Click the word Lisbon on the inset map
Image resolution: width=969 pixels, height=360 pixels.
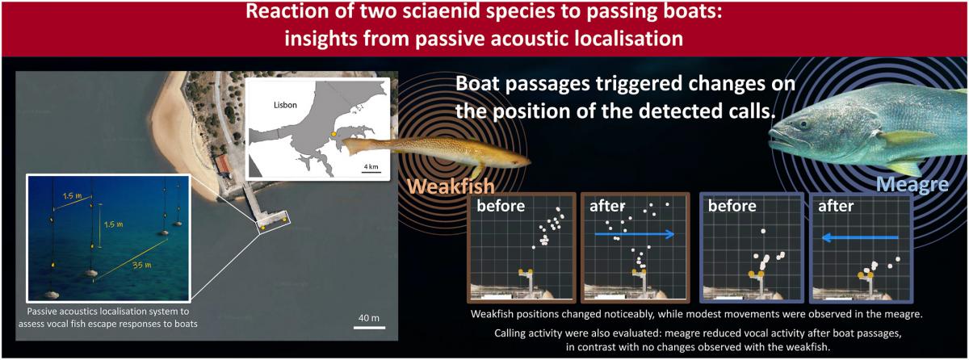pos(285,105)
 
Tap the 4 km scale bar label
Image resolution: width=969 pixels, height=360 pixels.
pos(371,166)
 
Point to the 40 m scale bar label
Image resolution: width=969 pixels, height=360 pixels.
pos(368,318)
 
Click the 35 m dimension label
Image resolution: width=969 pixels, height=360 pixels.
pos(142,264)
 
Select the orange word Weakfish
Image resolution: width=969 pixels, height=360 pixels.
pos(451,186)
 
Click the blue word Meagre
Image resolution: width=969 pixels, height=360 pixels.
pos(912,185)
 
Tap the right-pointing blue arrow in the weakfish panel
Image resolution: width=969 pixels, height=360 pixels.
pos(635,234)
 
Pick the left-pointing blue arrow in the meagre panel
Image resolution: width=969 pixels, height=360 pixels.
pos(860,237)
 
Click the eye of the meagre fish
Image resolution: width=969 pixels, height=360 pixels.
pos(804,124)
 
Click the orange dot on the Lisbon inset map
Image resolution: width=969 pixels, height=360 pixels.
pos(333,135)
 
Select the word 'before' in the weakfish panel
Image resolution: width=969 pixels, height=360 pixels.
pos(501,206)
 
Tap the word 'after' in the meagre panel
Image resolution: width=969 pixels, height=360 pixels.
pos(836,206)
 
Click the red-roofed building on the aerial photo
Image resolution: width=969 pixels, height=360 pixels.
pos(222,165)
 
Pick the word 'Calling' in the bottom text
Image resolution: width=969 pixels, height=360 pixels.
pos(510,333)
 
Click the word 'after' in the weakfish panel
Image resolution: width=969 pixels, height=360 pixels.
pos(607,206)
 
